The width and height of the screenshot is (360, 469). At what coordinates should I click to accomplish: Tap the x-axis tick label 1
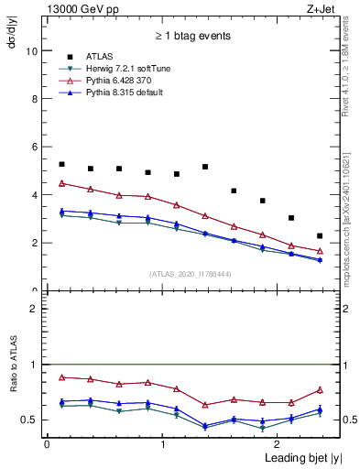click(162, 443)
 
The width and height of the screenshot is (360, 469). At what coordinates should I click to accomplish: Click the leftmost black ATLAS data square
click(61, 164)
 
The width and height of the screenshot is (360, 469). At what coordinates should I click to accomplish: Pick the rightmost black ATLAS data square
click(320, 235)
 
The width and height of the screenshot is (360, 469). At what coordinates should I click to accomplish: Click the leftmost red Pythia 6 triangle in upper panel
click(61, 183)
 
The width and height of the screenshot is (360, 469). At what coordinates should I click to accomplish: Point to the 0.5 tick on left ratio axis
click(31, 420)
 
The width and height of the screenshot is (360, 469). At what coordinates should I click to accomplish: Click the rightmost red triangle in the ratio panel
click(320, 390)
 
